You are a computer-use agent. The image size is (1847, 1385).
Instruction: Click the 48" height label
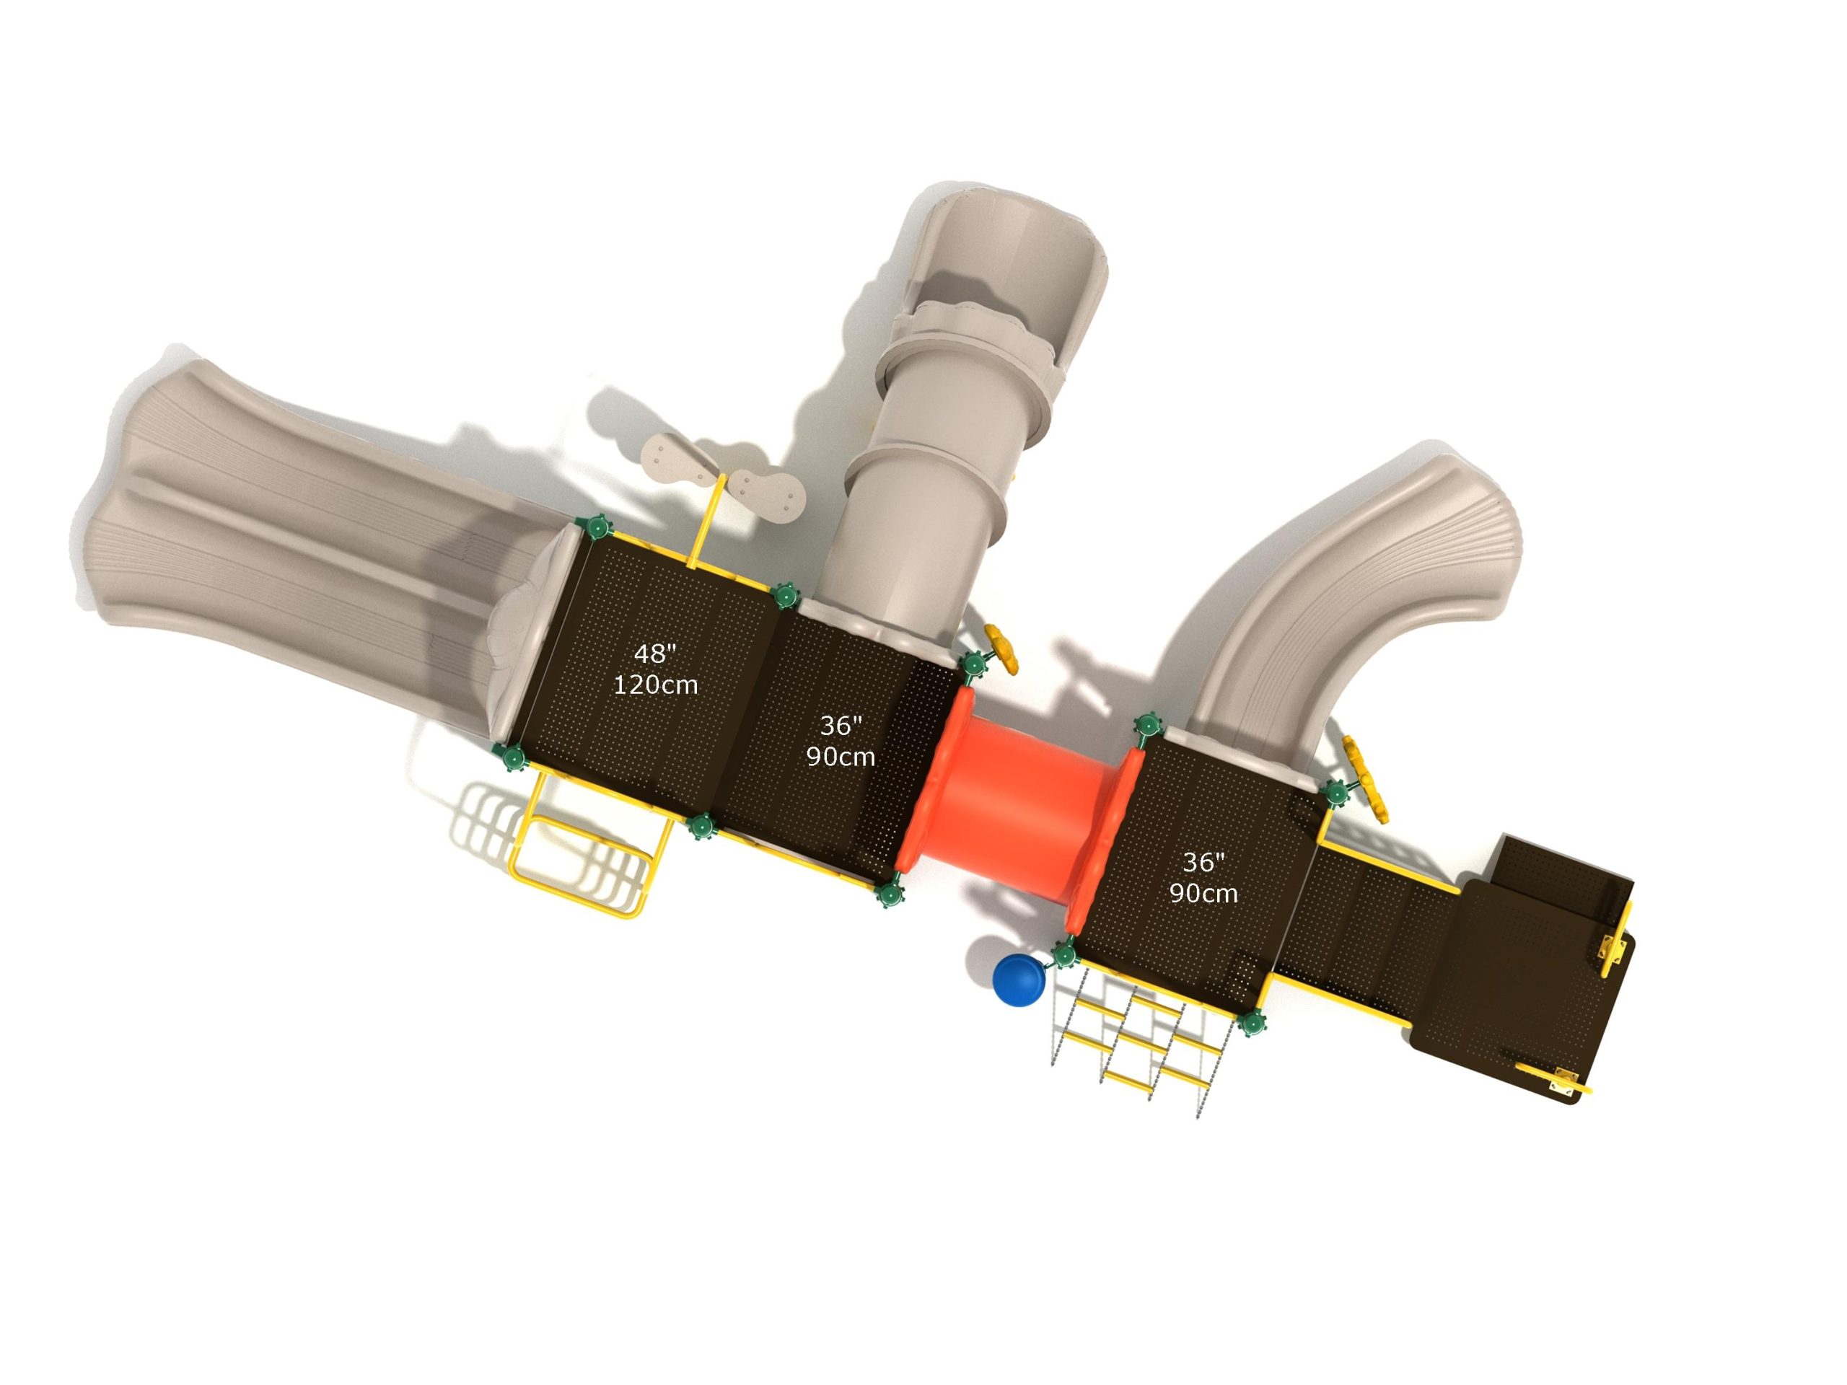tap(654, 654)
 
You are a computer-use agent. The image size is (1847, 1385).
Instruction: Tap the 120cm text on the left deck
tap(655, 685)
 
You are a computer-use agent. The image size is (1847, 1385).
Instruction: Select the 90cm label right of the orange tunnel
tap(1203, 894)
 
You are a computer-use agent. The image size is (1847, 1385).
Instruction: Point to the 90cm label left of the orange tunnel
tap(840, 757)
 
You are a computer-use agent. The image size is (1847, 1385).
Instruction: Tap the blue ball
tap(1019, 981)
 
